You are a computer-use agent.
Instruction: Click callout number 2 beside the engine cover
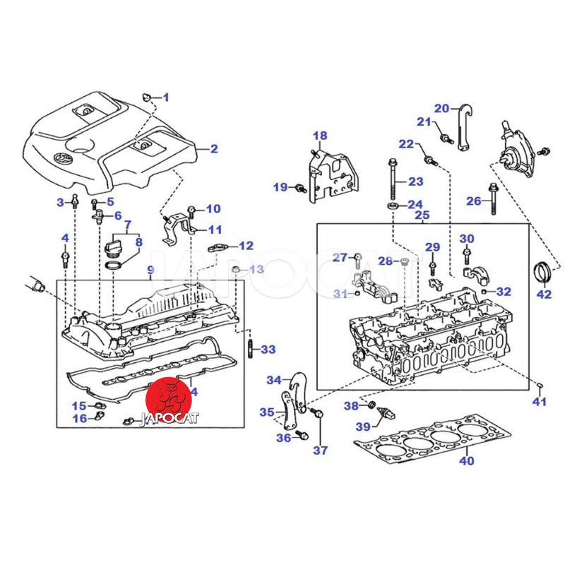(x=213, y=149)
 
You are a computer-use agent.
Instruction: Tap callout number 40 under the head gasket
(x=466, y=461)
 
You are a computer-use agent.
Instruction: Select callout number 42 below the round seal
(x=544, y=295)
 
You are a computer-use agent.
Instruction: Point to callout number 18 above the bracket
(x=320, y=136)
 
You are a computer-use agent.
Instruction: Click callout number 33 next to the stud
(x=268, y=349)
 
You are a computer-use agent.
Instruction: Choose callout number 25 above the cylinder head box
(x=422, y=215)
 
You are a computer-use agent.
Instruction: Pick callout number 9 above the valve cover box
(x=150, y=270)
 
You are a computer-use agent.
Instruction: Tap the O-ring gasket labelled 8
(x=113, y=266)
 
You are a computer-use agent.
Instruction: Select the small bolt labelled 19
(x=299, y=187)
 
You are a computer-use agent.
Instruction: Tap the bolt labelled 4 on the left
(x=65, y=257)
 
